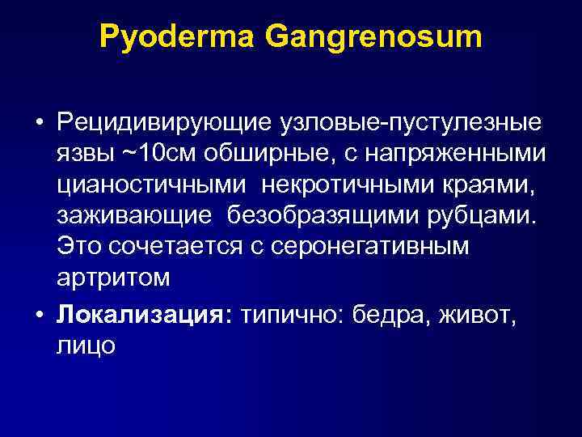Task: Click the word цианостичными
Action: coord(151,185)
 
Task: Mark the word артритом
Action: coord(114,277)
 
